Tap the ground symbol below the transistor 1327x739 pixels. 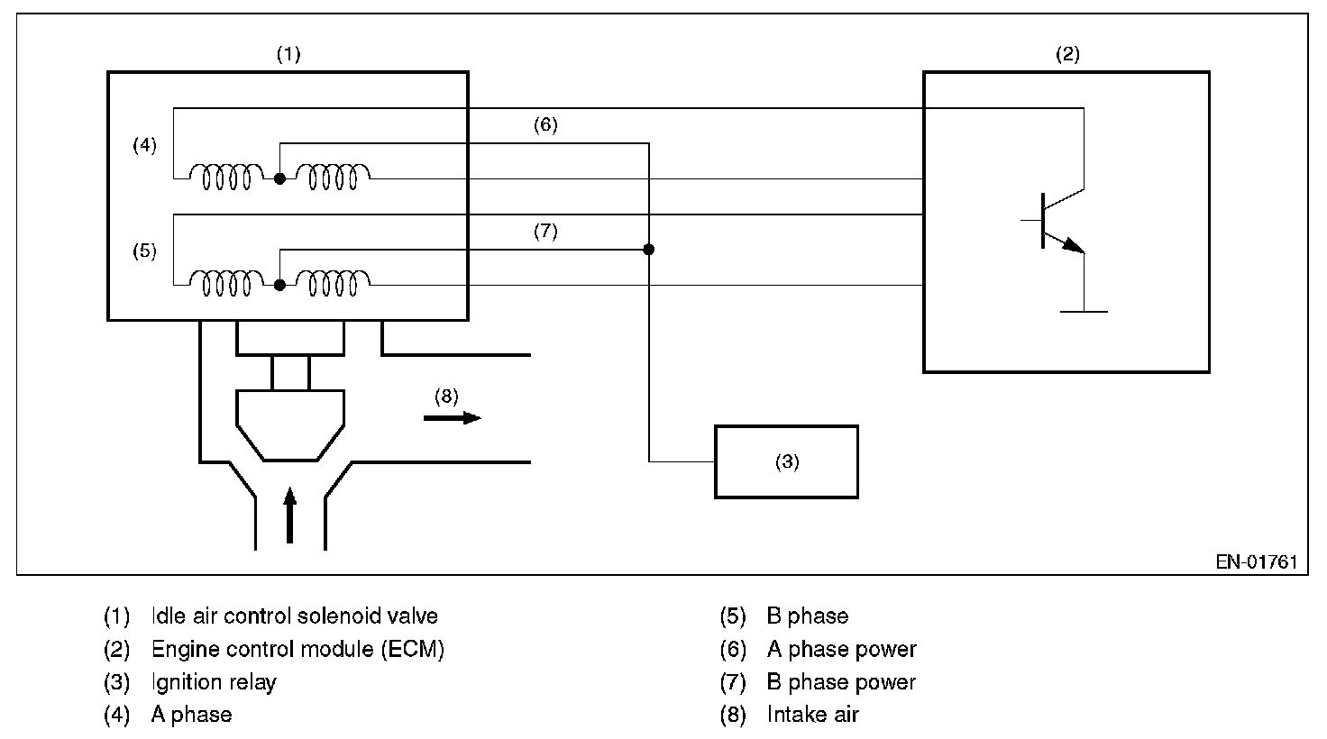point(1084,311)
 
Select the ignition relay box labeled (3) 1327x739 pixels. point(786,461)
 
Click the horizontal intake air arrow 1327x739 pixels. point(453,418)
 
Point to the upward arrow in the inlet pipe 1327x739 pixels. point(289,515)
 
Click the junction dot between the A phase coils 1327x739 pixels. point(279,179)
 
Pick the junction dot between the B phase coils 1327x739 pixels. point(279,285)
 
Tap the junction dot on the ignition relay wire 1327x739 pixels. point(648,249)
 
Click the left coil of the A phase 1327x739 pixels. point(225,178)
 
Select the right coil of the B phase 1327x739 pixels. point(333,283)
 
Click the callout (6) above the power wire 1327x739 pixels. point(545,125)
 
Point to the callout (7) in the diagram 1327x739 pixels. point(545,232)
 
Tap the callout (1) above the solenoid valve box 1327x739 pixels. point(288,54)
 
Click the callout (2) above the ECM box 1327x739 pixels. point(1067,54)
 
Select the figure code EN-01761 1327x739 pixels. point(1256,561)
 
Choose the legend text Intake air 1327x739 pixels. point(812,715)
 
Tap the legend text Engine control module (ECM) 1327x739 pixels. point(297,649)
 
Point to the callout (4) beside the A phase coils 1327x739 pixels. point(144,144)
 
